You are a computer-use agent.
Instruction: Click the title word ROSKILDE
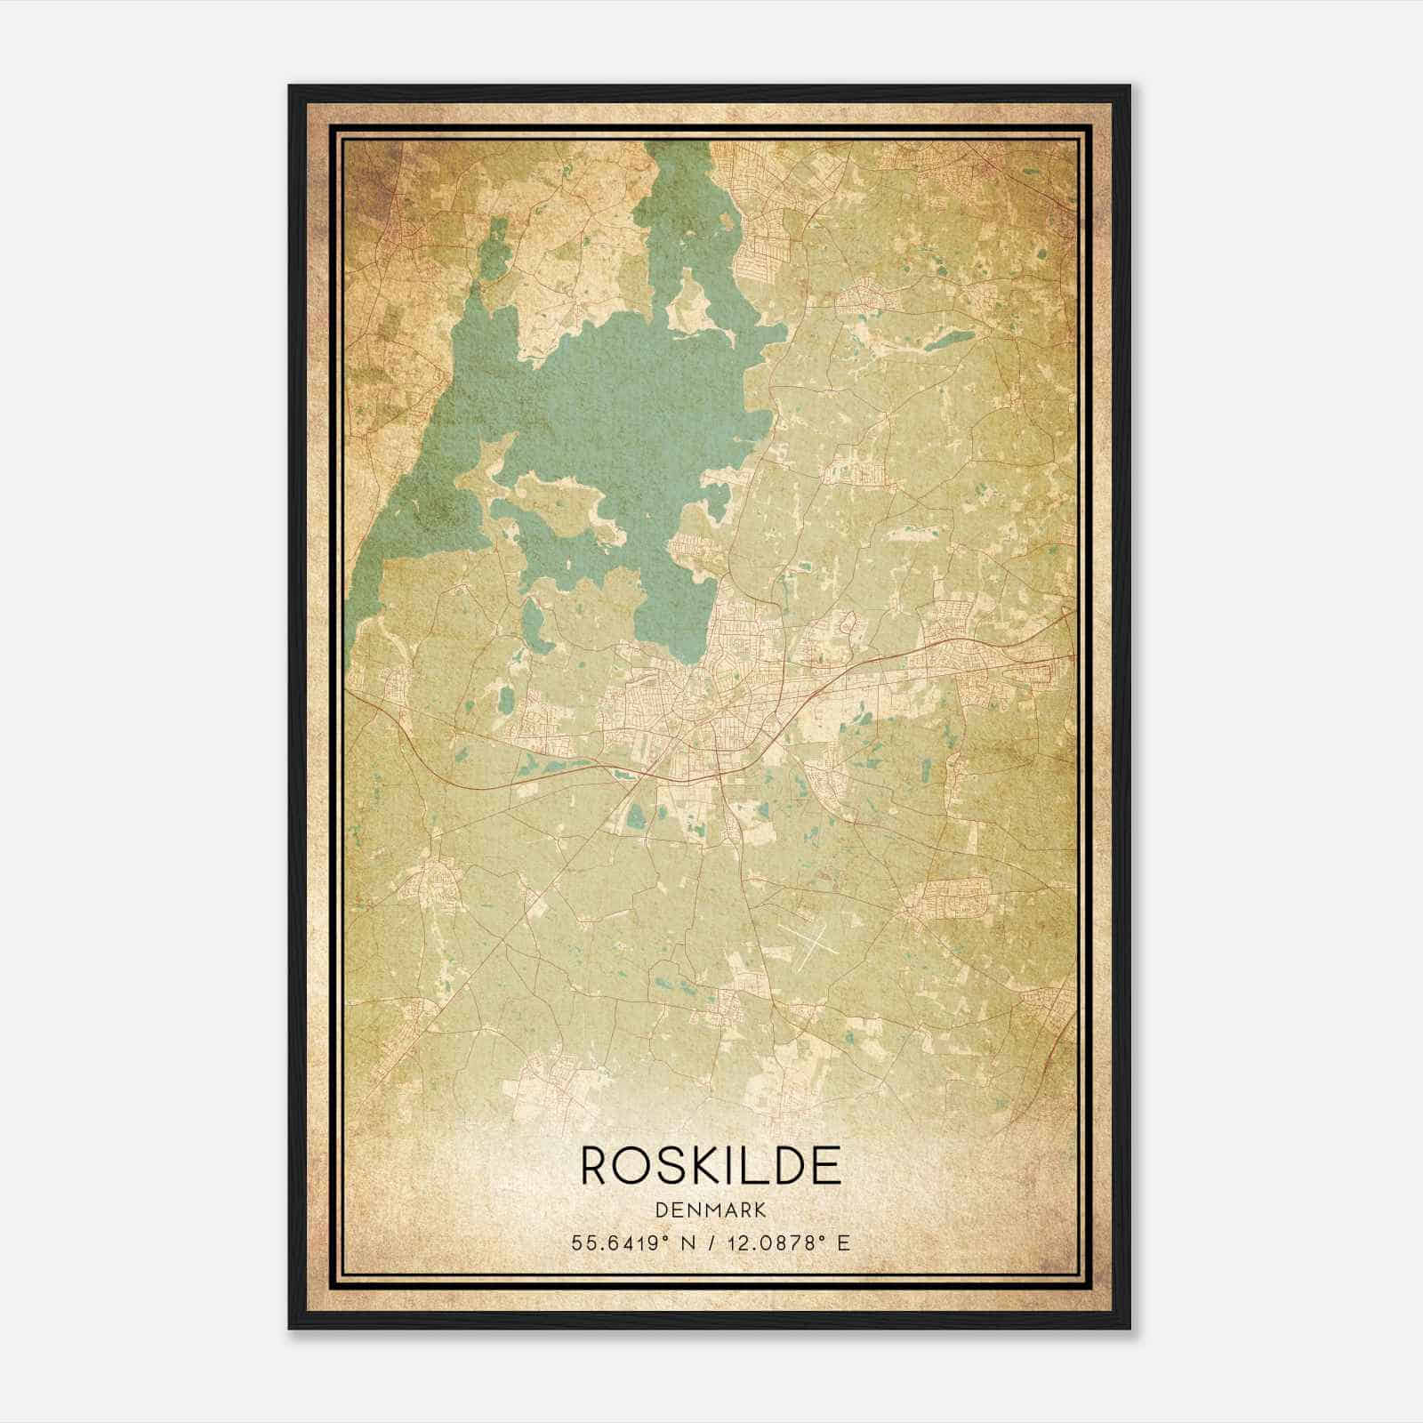coord(711,1164)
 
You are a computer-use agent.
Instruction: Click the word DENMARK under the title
coord(711,1210)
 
